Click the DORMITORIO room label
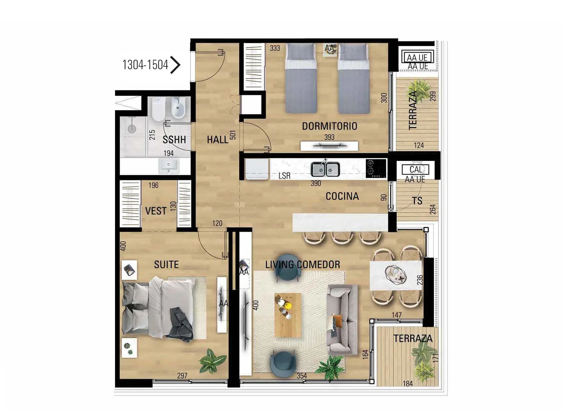330,126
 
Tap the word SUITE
166,264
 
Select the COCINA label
342,196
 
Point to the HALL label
218,139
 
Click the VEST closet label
156,211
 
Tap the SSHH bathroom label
174,139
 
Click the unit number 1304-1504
145,65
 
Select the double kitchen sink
325,169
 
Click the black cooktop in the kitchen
376,168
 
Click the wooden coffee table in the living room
288,315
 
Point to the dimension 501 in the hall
233,135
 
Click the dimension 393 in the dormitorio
329,137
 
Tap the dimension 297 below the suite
182,376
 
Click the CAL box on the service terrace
415,169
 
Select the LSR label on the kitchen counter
285,176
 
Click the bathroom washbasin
169,166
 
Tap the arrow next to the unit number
175,65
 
